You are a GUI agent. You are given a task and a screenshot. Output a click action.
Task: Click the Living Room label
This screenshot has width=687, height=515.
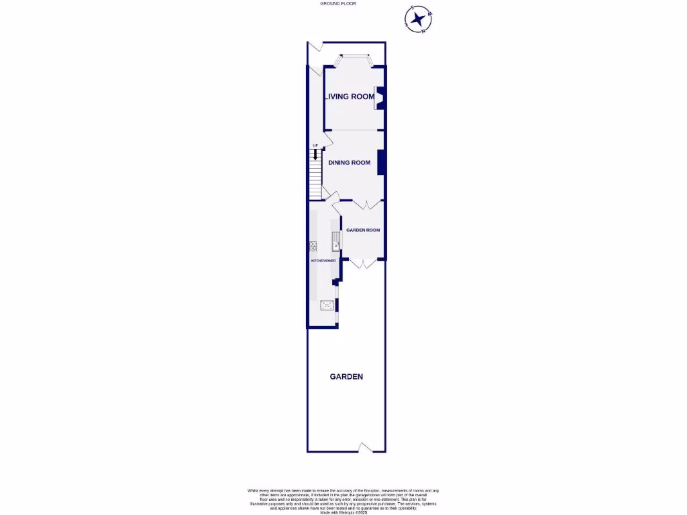coord(350,97)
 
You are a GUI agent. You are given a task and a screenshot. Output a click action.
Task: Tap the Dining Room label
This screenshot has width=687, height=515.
coord(349,162)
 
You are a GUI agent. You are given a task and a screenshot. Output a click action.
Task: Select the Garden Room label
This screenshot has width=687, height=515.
coord(363,230)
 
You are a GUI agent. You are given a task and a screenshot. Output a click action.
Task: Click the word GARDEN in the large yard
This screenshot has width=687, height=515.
coord(346,377)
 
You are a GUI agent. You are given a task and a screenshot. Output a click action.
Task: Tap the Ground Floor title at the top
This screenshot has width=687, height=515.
coord(338,4)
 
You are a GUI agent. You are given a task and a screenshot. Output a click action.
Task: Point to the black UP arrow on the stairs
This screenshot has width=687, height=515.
coord(315,155)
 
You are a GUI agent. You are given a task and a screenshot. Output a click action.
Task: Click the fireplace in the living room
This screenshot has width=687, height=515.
coord(378,98)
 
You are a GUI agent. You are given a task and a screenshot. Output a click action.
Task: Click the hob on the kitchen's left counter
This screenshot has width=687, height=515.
coord(313,247)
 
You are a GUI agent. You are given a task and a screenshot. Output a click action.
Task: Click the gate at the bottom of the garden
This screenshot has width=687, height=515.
coord(365,447)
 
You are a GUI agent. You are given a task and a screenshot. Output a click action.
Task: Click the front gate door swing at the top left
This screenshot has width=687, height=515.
coord(316,48)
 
